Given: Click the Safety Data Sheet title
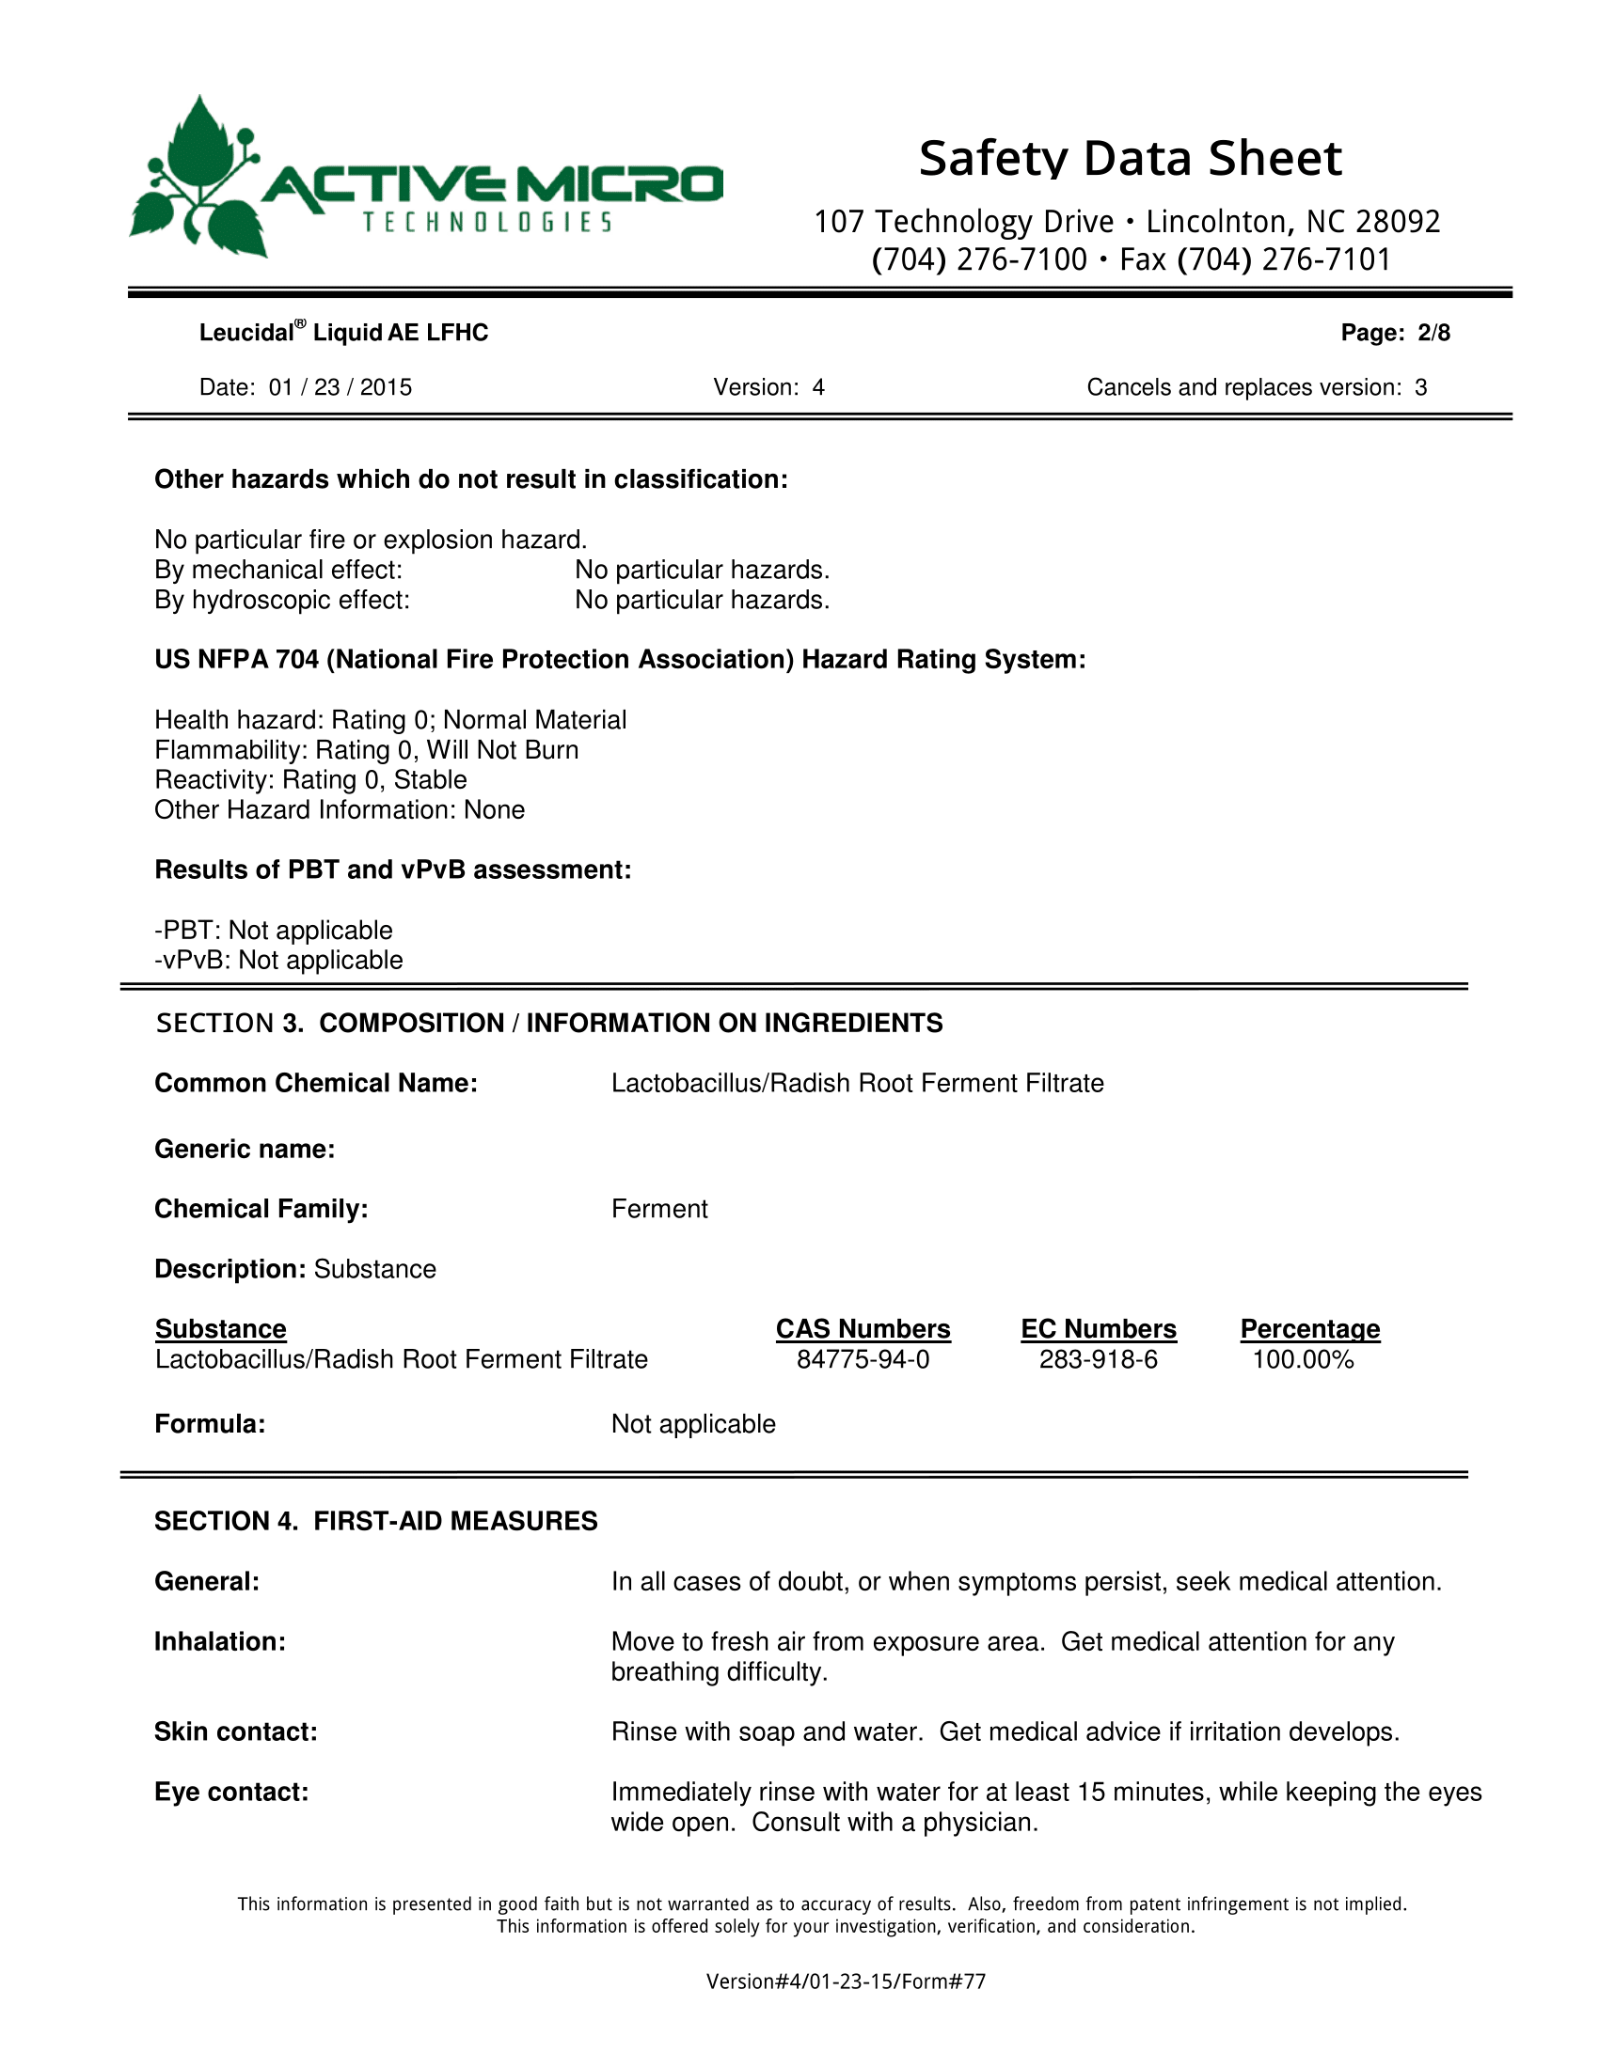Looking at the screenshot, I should point(1130,158).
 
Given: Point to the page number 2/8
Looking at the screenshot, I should point(1433,333).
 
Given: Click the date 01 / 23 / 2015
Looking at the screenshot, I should point(340,387).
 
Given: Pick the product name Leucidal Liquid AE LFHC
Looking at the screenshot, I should point(343,333).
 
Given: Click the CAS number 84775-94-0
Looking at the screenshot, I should point(862,1360).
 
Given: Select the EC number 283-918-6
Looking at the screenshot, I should point(1098,1360).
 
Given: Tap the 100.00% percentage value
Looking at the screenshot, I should point(1303,1360).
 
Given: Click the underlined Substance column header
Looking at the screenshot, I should point(221,1329).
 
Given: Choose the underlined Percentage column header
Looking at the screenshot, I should point(1310,1329).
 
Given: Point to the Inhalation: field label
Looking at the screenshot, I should point(220,1642).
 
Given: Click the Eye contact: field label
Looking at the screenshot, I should point(231,1792).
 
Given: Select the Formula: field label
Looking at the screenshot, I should point(210,1424).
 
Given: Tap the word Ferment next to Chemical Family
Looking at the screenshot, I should point(659,1209).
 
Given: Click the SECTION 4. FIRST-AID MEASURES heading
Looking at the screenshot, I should point(376,1521).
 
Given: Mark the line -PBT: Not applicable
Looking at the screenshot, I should point(274,930).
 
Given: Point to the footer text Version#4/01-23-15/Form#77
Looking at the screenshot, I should point(846,1981).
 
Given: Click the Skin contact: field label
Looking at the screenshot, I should point(236,1731).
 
